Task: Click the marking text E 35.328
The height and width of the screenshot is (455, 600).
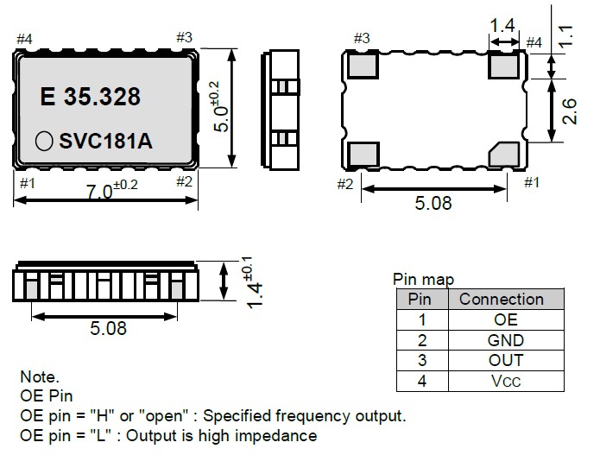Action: coord(91,97)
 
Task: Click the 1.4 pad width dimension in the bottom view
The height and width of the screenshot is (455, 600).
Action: coord(503,27)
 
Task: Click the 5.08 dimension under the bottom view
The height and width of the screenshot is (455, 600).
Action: coord(433,204)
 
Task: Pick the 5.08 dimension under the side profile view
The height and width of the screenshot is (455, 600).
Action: coord(110,328)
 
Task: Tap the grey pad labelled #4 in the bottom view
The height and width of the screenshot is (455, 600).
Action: coord(504,64)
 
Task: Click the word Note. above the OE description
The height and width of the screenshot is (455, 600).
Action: coord(39,376)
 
